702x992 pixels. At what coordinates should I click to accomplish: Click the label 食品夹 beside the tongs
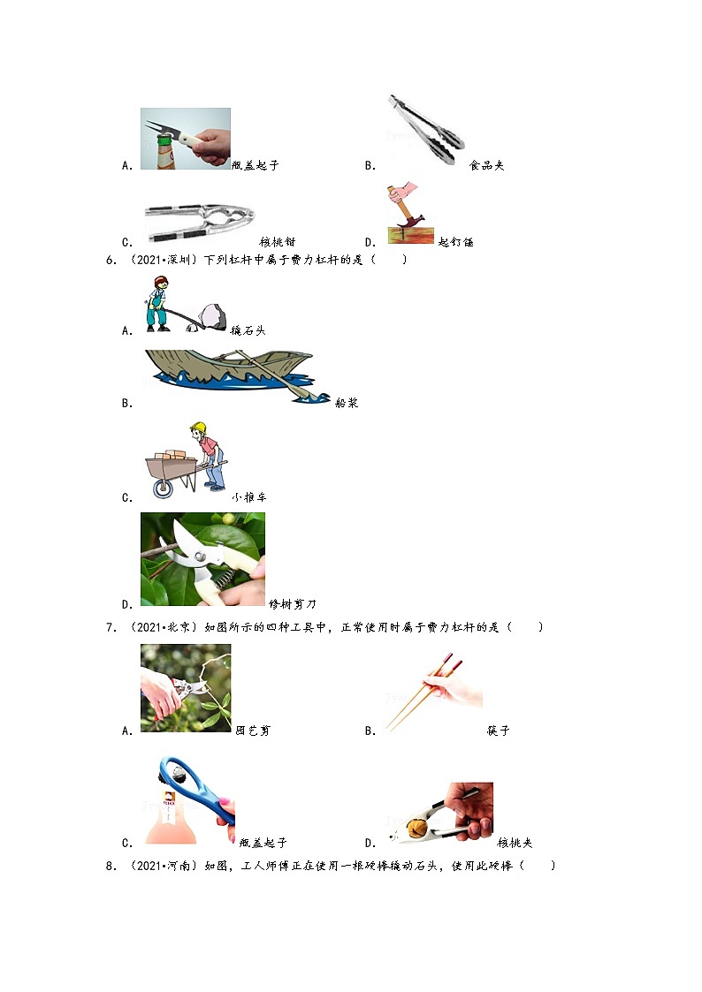pos(486,166)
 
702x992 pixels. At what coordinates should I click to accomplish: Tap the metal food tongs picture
pos(426,129)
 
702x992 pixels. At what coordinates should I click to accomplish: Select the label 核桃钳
pos(278,242)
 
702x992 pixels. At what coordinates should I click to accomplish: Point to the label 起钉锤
pos(455,242)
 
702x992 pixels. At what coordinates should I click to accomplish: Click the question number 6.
pos(111,260)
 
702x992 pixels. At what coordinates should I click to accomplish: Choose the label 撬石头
pos(248,330)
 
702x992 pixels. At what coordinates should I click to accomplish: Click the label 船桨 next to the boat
pos(347,403)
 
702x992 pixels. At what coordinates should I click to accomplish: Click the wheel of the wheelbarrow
pos(164,488)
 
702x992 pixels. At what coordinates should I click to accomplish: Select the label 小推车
pos(248,497)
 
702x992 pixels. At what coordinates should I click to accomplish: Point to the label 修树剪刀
pos(292,604)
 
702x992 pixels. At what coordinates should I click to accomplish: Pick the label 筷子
pos(498,731)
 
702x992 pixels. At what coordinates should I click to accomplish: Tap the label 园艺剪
pos(253,731)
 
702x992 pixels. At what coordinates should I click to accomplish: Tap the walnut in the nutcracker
pos(416,828)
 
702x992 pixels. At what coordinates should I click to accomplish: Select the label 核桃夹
pos(515,843)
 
